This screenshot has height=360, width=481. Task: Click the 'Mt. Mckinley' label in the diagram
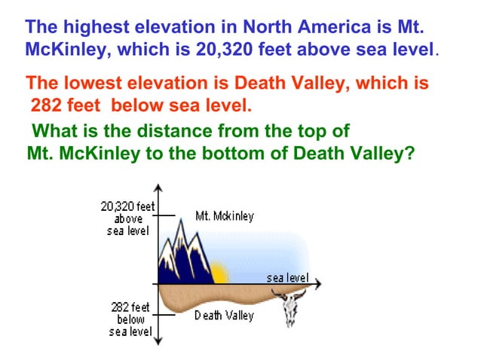pos(224,216)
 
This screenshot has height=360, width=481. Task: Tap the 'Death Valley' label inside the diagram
pos(224,316)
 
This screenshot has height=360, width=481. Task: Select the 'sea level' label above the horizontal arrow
pos(287,277)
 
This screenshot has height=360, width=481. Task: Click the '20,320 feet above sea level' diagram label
pos(127,218)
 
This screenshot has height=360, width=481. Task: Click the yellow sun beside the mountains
pos(219,272)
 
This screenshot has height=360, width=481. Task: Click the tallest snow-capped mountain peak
pos(182,226)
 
